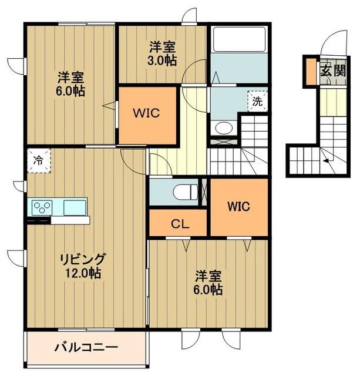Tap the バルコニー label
[x=86, y=347]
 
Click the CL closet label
[x=179, y=223]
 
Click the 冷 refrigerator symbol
[x=38, y=159]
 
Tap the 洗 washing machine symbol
[x=257, y=100]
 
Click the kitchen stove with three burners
[x=43, y=207]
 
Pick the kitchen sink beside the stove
[x=75, y=207]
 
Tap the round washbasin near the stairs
[x=223, y=127]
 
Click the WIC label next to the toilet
[x=239, y=207]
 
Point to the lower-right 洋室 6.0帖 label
[x=208, y=283]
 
